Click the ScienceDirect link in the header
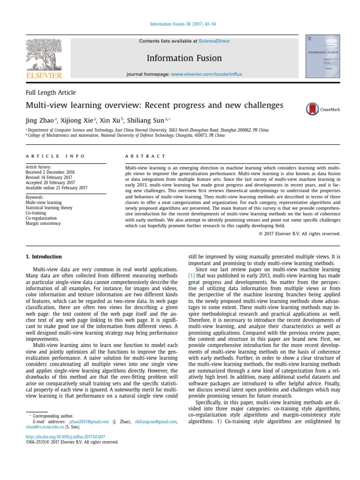214,41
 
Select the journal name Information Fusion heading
184,58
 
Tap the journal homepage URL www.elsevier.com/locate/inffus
206,75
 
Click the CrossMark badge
322,109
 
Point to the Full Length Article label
51,93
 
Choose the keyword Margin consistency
43,224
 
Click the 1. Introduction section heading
43,257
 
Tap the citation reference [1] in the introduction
191,276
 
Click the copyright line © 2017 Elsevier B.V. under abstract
299,233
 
